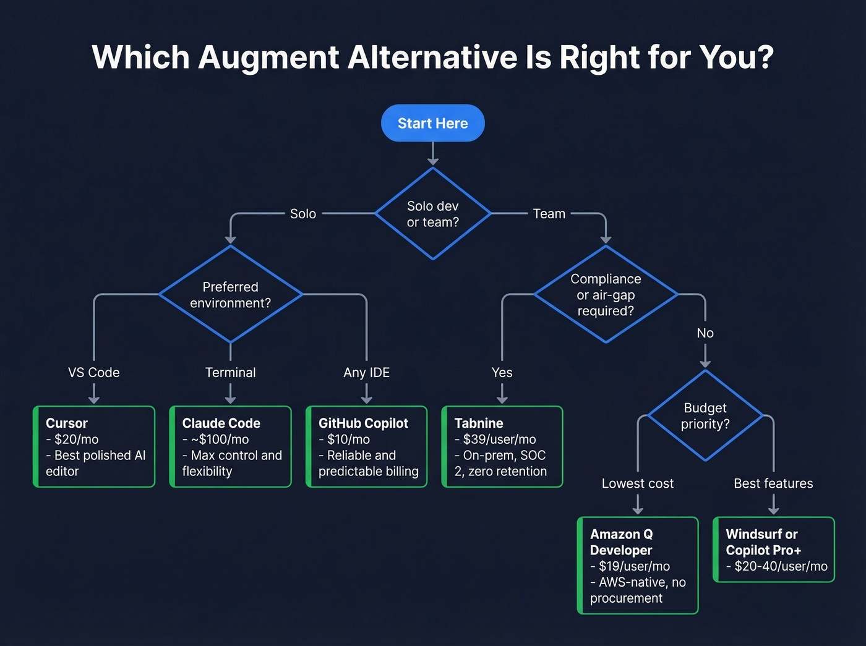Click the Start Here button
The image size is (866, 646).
click(432, 123)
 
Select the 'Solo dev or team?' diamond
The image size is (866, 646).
click(432, 214)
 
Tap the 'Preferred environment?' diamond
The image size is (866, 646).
click(230, 295)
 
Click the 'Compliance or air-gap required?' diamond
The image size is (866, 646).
click(605, 295)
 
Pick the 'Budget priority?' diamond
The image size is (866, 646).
click(705, 416)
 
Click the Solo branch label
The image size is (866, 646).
click(302, 214)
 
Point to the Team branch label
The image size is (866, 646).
click(549, 214)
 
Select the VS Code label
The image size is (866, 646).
click(94, 373)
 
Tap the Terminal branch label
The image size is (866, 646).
click(230, 373)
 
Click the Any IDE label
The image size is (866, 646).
click(366, 373)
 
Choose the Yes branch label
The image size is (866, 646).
click(502, 373)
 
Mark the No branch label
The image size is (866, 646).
click(705, 333)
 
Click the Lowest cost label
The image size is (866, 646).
click(637, 483)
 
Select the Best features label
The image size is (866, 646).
click(773, 483)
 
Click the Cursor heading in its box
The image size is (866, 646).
click(67, 423)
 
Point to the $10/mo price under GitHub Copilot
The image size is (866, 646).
click(348, 440)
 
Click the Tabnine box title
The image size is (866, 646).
click(478, 423)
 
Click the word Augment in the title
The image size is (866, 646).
click(268, 57)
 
